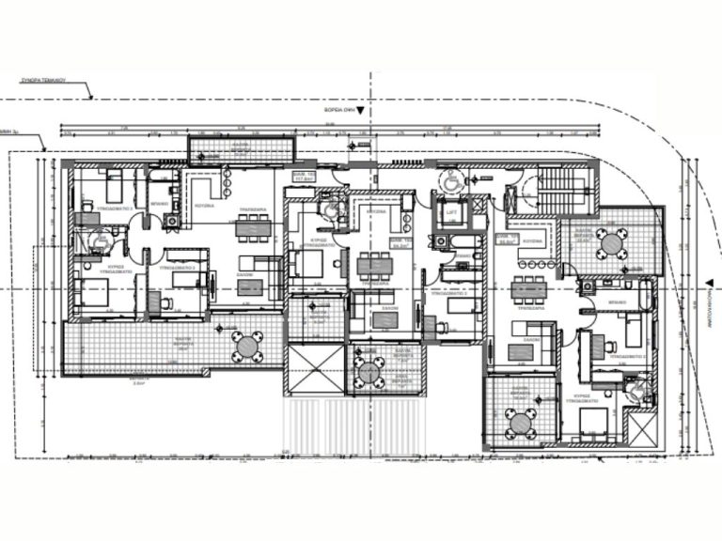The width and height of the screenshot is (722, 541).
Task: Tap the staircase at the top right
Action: click(x=567, y=192)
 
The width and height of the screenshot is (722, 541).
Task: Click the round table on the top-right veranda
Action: click(x=612, y=242)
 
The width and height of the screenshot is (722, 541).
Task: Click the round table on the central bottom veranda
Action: click(x=367, y=370)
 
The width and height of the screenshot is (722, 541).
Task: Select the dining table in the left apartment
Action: click(x=251, y=225)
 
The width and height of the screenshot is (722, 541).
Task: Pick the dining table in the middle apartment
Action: click(x=374, y=266)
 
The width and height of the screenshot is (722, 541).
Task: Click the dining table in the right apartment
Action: click(x=529, y=289)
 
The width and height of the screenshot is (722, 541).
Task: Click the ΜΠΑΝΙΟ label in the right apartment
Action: click(x=619, y=303)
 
